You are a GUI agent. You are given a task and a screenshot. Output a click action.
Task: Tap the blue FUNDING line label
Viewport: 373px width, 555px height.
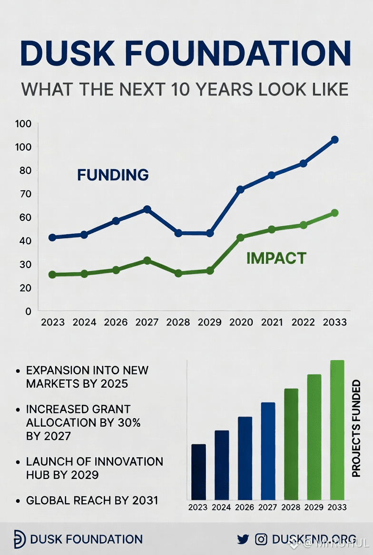tap(113, 175)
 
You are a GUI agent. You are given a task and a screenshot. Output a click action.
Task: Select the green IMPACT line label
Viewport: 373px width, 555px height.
tap(276, 258)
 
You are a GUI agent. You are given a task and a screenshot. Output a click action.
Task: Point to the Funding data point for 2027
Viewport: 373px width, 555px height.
tap(147, 209)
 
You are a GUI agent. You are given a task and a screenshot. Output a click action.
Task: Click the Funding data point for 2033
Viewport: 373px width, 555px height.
tap(334, 140)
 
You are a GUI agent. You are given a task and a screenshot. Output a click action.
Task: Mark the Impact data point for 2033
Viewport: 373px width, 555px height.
tap(334, 213)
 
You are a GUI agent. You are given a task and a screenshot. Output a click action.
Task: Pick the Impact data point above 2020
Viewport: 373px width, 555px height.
tap(241, 237)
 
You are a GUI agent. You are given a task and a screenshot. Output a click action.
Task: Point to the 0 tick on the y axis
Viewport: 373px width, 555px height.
tap(28, 311)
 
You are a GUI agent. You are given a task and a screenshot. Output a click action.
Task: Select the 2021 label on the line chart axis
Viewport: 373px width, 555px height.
tap(272, 322)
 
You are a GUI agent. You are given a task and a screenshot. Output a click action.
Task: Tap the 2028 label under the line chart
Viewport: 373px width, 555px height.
tap(178, 322)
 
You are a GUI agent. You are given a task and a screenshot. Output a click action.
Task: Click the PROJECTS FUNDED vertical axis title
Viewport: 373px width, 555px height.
tap(356, 428)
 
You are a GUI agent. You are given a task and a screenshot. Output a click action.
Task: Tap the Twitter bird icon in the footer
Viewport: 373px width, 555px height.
tap(243, 539)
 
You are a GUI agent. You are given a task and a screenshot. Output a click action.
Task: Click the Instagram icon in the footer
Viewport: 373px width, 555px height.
tap(261, 539)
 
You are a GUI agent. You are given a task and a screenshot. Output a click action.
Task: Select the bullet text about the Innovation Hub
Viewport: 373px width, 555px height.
tap(94, 468)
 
